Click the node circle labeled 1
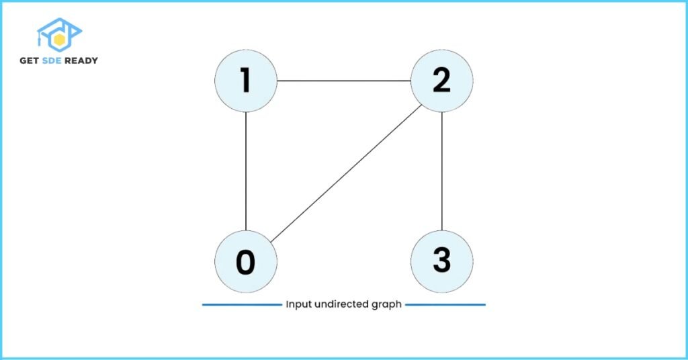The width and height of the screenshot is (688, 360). coord(246,81)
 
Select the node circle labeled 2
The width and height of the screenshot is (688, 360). coord(442,81)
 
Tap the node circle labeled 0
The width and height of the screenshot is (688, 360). coord(246,262)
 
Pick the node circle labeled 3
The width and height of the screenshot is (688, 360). coord(442,262)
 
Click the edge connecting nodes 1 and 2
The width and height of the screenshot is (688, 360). coord(344,81)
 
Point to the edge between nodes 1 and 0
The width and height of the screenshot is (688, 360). coord(246,171)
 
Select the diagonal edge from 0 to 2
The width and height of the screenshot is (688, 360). coord(346,173)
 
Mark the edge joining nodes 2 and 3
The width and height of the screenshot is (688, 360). coord(442,171)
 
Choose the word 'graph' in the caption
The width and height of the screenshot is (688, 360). coord(386,305)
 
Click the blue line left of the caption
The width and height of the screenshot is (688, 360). coord(242,304)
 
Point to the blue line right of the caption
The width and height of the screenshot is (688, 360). coord(445,304)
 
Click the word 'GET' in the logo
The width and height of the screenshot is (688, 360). coord(30,60)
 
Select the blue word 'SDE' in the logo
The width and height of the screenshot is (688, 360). coord(52,60)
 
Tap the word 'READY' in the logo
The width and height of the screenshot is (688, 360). coord(81,60)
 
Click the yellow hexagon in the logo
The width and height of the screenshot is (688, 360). coord(59,40)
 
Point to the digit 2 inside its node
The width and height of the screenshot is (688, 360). coord(441,80)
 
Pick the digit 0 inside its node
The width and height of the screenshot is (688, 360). coord(246,262)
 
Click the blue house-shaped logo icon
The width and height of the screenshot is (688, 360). coord(59,35)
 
